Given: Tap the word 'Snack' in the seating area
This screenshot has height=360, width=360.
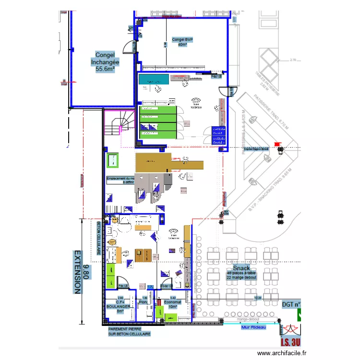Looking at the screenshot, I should (x=241, y=268).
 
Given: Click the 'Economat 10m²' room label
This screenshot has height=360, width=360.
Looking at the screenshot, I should (x=170, y=304).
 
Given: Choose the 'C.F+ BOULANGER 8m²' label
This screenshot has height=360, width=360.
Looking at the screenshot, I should (x=120, y=306).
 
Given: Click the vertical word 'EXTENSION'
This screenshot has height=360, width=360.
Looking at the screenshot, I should (x=76, y=272).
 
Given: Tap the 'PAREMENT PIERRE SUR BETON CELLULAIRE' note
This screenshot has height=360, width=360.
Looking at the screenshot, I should (x=129, y=331).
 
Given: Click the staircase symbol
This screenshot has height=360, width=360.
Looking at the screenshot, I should (x=120, y=123).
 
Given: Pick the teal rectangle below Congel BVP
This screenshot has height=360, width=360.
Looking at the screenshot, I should (x=153, y=80).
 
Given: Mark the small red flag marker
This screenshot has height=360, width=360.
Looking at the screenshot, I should (x=276, y=144).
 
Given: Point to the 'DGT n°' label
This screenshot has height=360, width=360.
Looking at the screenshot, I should (x=291, y=303).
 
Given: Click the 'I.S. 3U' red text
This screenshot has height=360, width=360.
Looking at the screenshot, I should (x=290, y=343).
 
